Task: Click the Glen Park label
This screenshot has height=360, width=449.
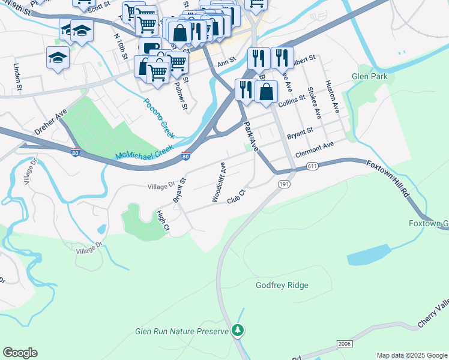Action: click(369, 76)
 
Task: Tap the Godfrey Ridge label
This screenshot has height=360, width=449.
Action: click(282, 286)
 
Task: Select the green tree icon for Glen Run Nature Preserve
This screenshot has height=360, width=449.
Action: click(238, 330)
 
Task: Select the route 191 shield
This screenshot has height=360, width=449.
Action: click(285, 185)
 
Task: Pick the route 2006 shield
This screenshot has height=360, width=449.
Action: click(344, 344)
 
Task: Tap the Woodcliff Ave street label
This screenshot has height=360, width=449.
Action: click(218, 181)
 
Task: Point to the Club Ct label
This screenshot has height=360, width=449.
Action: click(237, 197)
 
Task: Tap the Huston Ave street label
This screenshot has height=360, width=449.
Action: click(331, 97)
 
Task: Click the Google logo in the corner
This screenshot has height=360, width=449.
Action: click(20, 353)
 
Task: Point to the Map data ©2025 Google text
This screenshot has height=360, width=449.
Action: click(411, 355)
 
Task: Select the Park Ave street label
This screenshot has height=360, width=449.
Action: click(250, 137)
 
